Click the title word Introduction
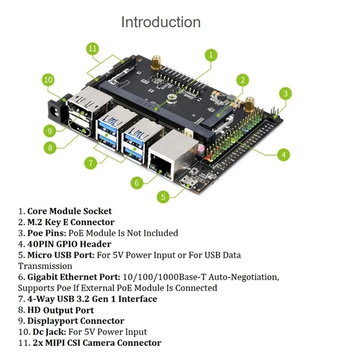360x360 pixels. pos(161,22)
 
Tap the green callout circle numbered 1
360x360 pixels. pos(211,55)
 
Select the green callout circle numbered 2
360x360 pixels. pos(243,81)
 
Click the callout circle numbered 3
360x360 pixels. pos(285,94)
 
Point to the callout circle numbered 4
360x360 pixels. pos(283,155)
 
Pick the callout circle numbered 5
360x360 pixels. pos(164,196)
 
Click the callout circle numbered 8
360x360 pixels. pos(51,147)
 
